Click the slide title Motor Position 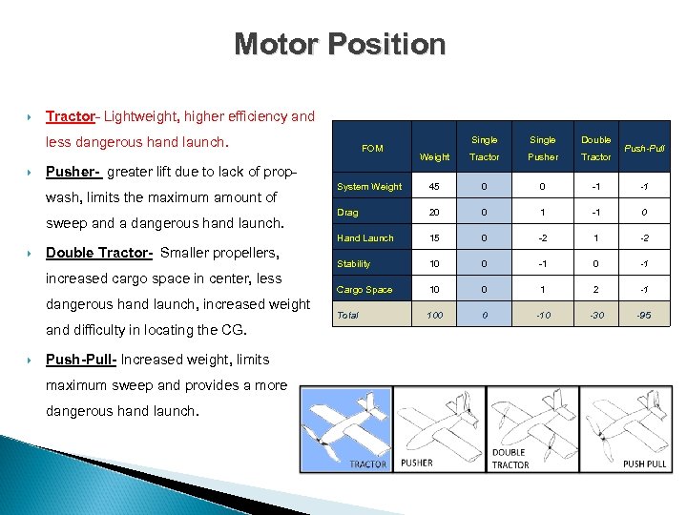[x=340, y=44]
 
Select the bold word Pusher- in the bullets [x=73, y=172]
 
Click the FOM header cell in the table [x=372, y=148]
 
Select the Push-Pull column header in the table [x=644, y=148]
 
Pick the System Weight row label [x=369, y=186]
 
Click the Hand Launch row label [x=364, y=237]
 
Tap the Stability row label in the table [x=354, y=263]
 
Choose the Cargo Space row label [x=364, y=289]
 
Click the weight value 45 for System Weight [x=434, y=186]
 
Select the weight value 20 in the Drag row [x=434, y=212]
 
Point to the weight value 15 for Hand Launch [x=434, y=237]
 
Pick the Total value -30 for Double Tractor [x=596, y=315]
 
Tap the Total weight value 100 [x=434, y=315]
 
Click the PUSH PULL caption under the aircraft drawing [x=645, y=463]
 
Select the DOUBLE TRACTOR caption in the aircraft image [x=510, y=459]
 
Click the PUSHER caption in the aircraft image [x=416, y=463]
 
